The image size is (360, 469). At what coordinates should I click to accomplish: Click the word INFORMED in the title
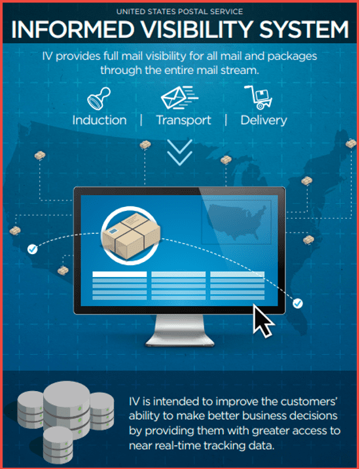coord(73,29)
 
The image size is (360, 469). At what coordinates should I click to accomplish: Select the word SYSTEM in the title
coord(304,29)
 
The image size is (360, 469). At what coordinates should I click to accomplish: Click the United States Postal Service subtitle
coord(179,12)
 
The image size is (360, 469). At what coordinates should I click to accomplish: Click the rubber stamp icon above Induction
coord(99,98)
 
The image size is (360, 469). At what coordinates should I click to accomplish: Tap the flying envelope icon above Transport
coord(179,97)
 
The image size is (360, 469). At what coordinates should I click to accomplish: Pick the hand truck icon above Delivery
coord(259,97)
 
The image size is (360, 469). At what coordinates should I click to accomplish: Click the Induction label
coord(99,121)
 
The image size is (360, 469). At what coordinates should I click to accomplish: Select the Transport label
coord(183,121)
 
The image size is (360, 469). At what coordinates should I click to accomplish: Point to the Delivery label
coord(263,121)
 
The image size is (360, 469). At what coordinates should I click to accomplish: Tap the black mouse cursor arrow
coord(262,321)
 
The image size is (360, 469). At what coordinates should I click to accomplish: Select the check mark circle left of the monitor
coord(32,249)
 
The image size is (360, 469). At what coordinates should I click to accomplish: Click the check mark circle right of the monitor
coord(298,303)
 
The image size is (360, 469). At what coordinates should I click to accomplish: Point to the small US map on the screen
coord(237,221)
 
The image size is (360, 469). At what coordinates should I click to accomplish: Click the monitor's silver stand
coord(179,331)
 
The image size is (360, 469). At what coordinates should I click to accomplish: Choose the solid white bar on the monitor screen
coord(120,274)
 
